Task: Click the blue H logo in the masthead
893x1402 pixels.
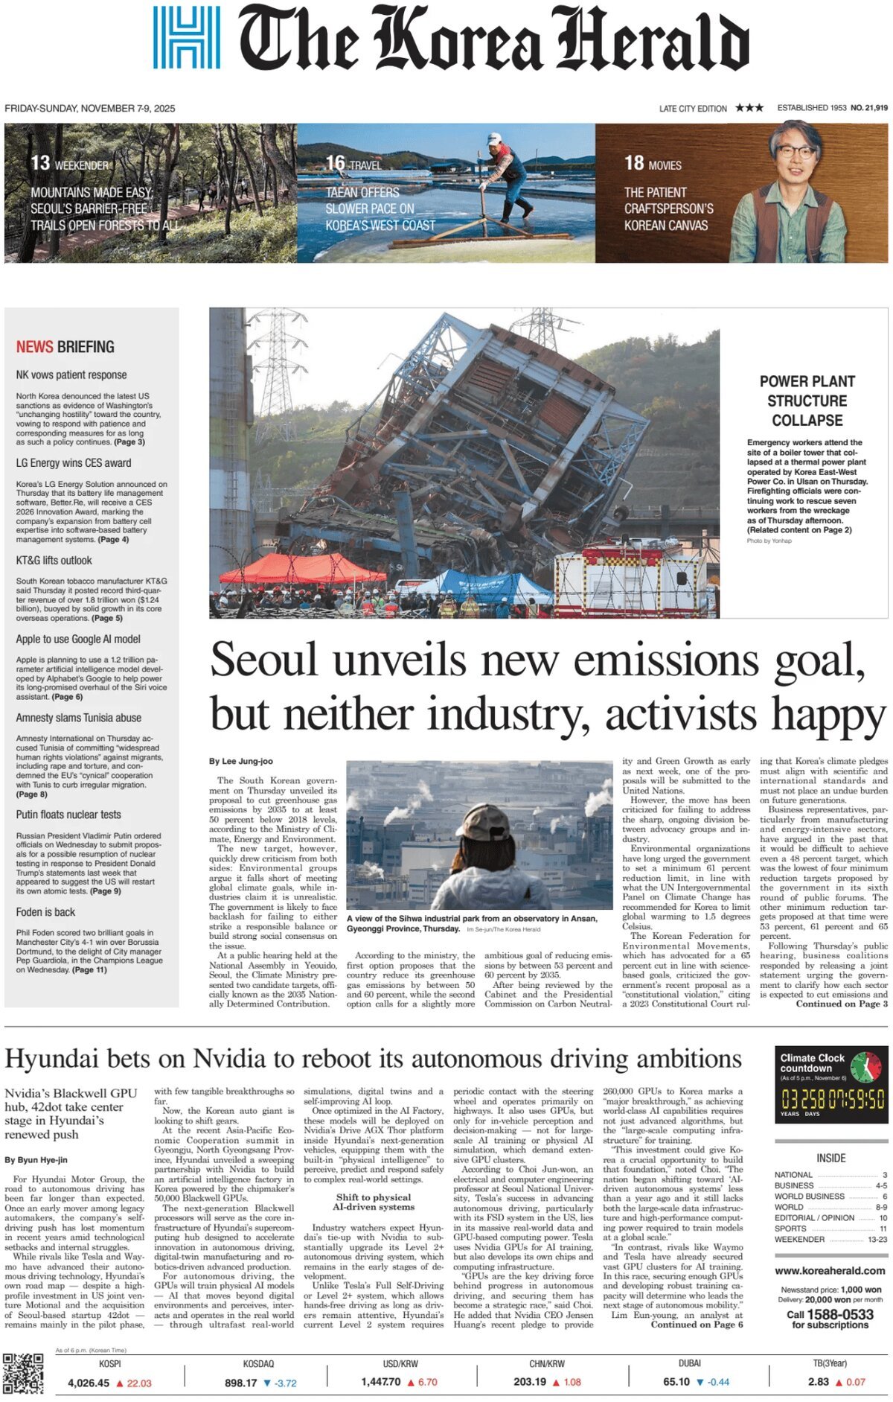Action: pyautogui.click(x=186, y=37)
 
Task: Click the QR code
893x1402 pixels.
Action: pyautogui.click(x=23, y=1373)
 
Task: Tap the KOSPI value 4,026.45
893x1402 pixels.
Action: pyautogui.click(x=88, y=1383)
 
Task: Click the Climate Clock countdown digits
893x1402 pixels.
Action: pyautogui.click(x=832, y=1098)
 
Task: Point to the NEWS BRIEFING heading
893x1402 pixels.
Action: pyautogui.click(x=65, y=347)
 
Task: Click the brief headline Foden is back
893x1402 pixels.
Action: pyautogui.click(x=45, y=912)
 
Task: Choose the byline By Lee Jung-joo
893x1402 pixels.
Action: pyautogui.click(x=240, y=761)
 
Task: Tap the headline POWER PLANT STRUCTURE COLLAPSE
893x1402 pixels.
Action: pyautogui.click(x=807, y=401)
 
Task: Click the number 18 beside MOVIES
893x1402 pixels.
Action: pyautogui.click(x=633, y=163)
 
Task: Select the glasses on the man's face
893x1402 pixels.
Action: pyautogui.click(x=795, y=152)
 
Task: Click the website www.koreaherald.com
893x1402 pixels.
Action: pyautogui.click(x=830, y=1271)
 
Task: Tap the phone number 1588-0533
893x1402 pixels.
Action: pyautogui.click(x=840, y=1315)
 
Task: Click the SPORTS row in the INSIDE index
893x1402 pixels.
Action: pyautogui.click(x=790, y=1229)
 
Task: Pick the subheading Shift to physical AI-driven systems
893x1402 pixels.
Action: pyautogui.click(x=373, y=1202)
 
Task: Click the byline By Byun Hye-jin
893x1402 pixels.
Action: pyautogui.click(x=36, y=1160)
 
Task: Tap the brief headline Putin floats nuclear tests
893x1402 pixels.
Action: pyautogui.click(x=68, y=815)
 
